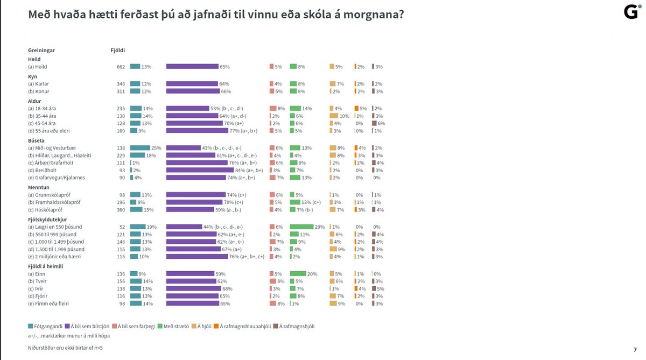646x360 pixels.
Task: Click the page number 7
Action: click(635, 349)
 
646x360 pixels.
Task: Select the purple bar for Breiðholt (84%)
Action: click(200, 171)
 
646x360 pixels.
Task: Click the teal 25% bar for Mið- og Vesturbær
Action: click(140, 148)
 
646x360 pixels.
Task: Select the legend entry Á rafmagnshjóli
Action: click(295, 326)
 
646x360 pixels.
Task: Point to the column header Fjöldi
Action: click(117, 50)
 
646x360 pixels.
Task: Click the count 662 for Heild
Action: click(121, 67)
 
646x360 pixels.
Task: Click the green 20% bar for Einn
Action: click(298, 273)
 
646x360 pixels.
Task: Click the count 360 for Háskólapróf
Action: click(121, 209)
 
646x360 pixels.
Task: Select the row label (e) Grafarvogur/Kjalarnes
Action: click(57, 178)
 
